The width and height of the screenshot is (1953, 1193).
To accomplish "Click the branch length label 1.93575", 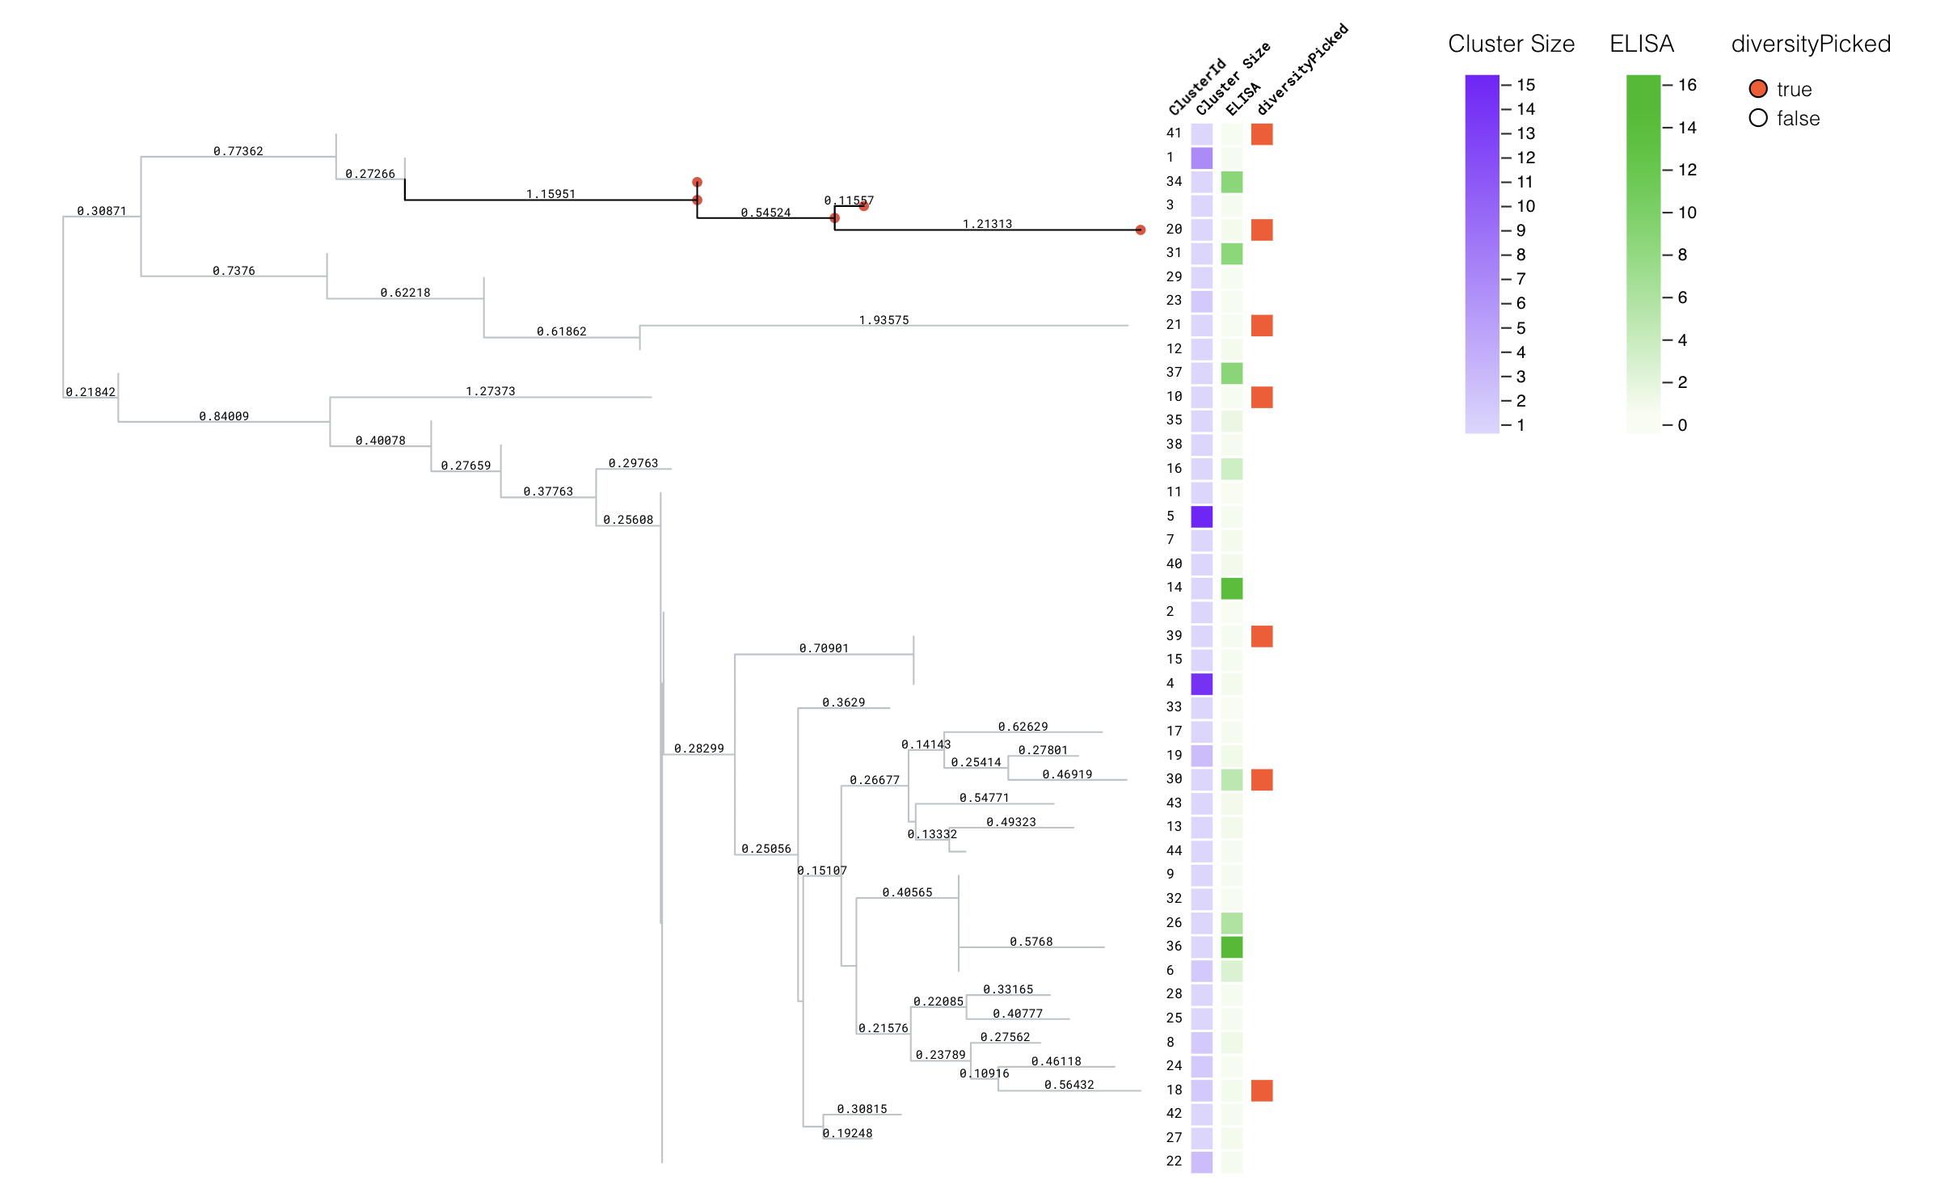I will (x=884, y=320).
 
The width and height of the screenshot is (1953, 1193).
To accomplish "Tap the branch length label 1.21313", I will (x=987, y=224).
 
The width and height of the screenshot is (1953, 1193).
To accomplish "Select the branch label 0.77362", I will (x=238, y=151).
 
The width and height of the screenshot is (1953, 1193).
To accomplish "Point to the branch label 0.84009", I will (x=224, y=416).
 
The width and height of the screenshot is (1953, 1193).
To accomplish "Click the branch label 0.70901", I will (x=824, y=648).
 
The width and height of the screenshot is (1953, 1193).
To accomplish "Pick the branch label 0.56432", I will (x=1069, y=1085).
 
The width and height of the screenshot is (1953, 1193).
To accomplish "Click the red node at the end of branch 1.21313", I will (x=1140, y=230).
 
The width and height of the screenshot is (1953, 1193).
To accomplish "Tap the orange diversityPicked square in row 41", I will (x=1261, y=134).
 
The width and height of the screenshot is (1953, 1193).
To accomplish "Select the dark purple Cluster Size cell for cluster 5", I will (x=1201, y=516).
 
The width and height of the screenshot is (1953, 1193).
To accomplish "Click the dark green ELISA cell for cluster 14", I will (x=1231, y=588).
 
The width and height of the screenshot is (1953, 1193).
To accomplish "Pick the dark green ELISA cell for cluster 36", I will (x=1231, y=946).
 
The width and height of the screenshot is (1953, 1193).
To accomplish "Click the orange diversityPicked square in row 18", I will (x=1261, y=1090).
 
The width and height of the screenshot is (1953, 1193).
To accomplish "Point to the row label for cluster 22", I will (x=1174, y=1161).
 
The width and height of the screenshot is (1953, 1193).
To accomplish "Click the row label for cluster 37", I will (x=1174, y=372).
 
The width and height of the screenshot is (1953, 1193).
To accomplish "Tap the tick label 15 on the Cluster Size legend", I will (x=1525, y=85).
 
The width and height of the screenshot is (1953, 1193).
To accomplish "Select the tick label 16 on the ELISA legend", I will (x=1687, y=85).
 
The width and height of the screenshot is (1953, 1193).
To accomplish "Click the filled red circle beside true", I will (x=1757, y=89).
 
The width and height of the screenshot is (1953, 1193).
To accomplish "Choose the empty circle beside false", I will (x=1757, y=119).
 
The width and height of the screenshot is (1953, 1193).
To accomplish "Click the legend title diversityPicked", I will (x=1810, y=44).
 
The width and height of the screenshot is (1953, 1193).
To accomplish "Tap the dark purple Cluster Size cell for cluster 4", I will (x=1201, y=684).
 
